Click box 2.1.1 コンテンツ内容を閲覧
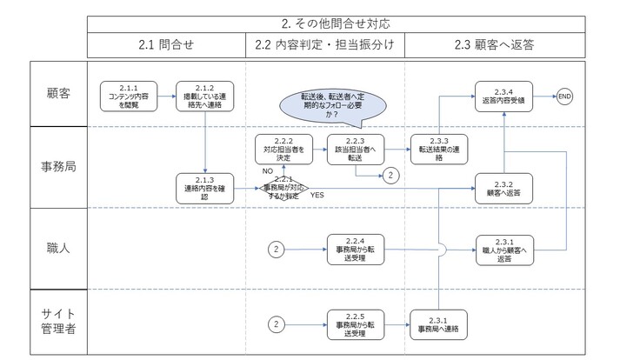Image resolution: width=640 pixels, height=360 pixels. pyautogui.click(x=124, y=94)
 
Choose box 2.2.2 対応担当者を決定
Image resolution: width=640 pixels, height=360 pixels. pyautogui.click(x=282, y=149)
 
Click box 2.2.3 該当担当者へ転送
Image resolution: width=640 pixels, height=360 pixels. pyautogui.click(x=355, y=149)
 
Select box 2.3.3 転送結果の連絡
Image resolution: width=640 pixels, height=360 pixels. pyautogui.click(x=439, y=149)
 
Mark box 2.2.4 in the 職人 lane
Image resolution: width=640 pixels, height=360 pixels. pyautogui.click(x=355, y=250)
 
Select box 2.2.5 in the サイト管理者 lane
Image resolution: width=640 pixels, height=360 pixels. pyautogui.click(x=355, y=323)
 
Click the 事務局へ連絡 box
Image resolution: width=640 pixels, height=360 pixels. pyautogui.click(x=439, y=323)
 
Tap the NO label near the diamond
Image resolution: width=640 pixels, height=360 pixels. pyautogui.click(x=269, y=172)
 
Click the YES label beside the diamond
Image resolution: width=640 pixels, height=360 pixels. pyautogui.click(x=317, y=196)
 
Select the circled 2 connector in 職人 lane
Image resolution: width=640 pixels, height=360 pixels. pyautogui.click(x=276, y=250)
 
